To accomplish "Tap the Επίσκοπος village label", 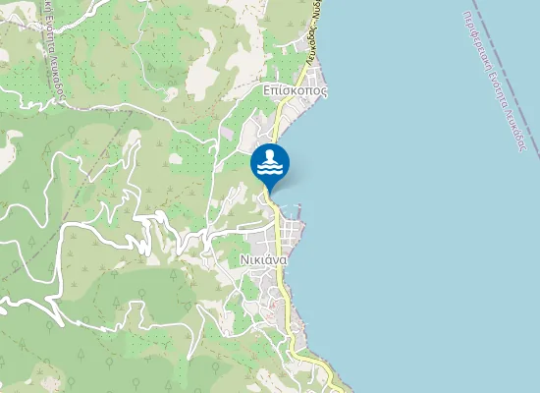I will pyautogui.click(x=295, y=89).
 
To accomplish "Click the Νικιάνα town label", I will pyautogui.click(x=262, y=260).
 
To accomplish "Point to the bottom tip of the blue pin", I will pyautogui.click(x=270, y=191).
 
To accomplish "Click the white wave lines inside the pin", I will pyautogui.click(x=270, y=169).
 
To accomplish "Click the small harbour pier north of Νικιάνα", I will pyautogui.click(x=297, y=209).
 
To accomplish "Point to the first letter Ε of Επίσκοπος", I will pyautogui.click(x=267, y=89).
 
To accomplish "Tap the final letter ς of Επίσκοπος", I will pyautogui.click(x=324, y=90).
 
